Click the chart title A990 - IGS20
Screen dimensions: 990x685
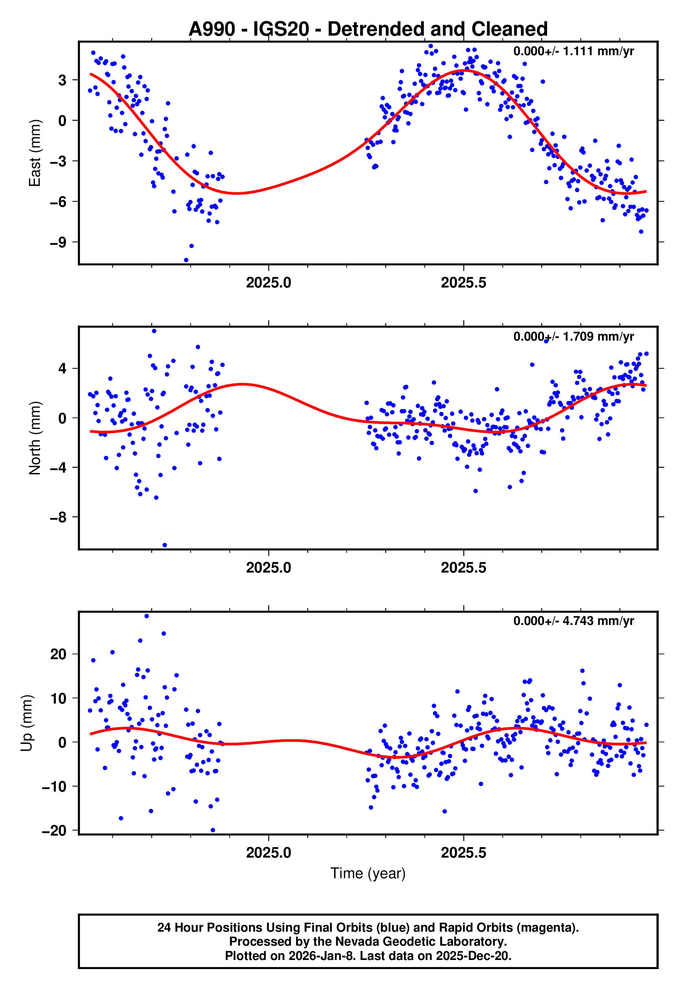(368, 29)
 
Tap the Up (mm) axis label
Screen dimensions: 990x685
(27, 723)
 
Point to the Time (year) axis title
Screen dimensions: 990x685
(368, 873)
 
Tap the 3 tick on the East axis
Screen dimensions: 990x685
(62, 80)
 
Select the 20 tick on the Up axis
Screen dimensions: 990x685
(58, 654)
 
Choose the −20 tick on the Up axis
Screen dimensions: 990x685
(54, 831)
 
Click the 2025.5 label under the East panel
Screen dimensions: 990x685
(464, 283)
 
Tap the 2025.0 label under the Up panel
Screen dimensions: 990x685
(269, 853)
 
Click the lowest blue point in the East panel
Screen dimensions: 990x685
(186, 260)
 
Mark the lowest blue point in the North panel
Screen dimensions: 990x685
(165, 545)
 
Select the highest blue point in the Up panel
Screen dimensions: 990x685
(147, 616)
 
